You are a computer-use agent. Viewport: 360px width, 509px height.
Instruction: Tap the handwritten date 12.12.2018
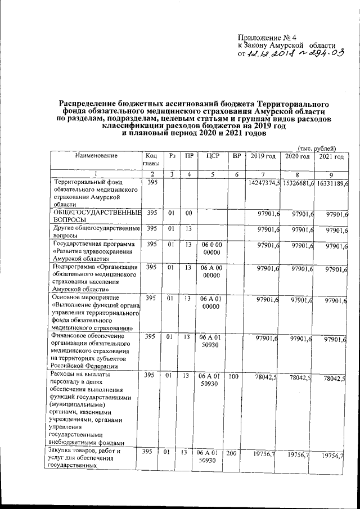click(262, 54)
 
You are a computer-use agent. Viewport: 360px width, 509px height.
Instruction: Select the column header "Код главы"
click(151, 159)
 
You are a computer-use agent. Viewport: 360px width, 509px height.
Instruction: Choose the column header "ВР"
click(236, 156)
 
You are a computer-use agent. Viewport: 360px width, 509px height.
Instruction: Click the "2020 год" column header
click(297, 156)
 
